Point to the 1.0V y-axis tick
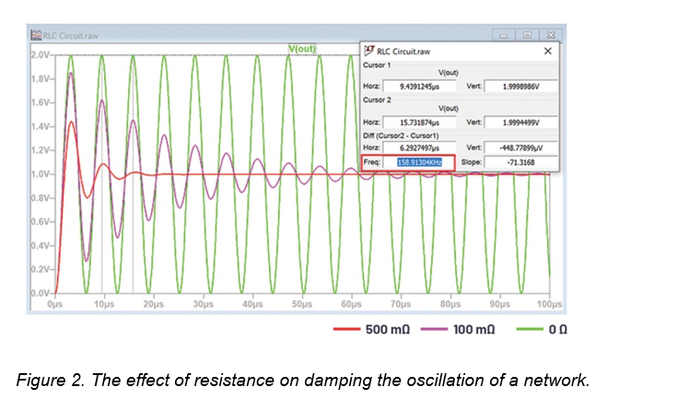pos(40,174)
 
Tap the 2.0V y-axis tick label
pos(40,55)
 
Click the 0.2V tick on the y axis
pos(40,270)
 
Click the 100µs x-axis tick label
pos(549,303)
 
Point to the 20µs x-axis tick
pos(152,303)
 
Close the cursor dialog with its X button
pos(549,52)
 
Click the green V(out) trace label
pos(304,47)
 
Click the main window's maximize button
pos(526,35)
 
